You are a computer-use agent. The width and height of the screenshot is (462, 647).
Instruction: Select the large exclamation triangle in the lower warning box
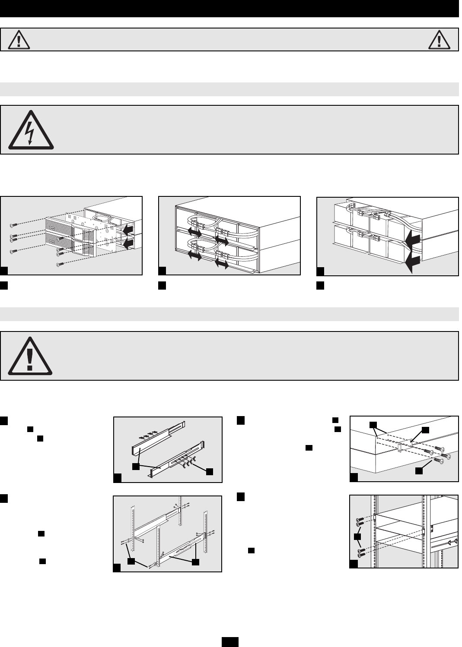point(29,356)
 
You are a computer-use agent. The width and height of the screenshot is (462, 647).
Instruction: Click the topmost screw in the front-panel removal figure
point(14,225)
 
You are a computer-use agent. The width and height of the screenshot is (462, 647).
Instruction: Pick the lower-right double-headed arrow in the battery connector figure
point(221,265)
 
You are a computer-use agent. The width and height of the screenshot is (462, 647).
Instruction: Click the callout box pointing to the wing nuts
point(210,472)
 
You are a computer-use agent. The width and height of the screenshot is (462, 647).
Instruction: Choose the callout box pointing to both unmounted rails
point(136,467)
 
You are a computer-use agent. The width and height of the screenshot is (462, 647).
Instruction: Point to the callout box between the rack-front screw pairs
point(357,537)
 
